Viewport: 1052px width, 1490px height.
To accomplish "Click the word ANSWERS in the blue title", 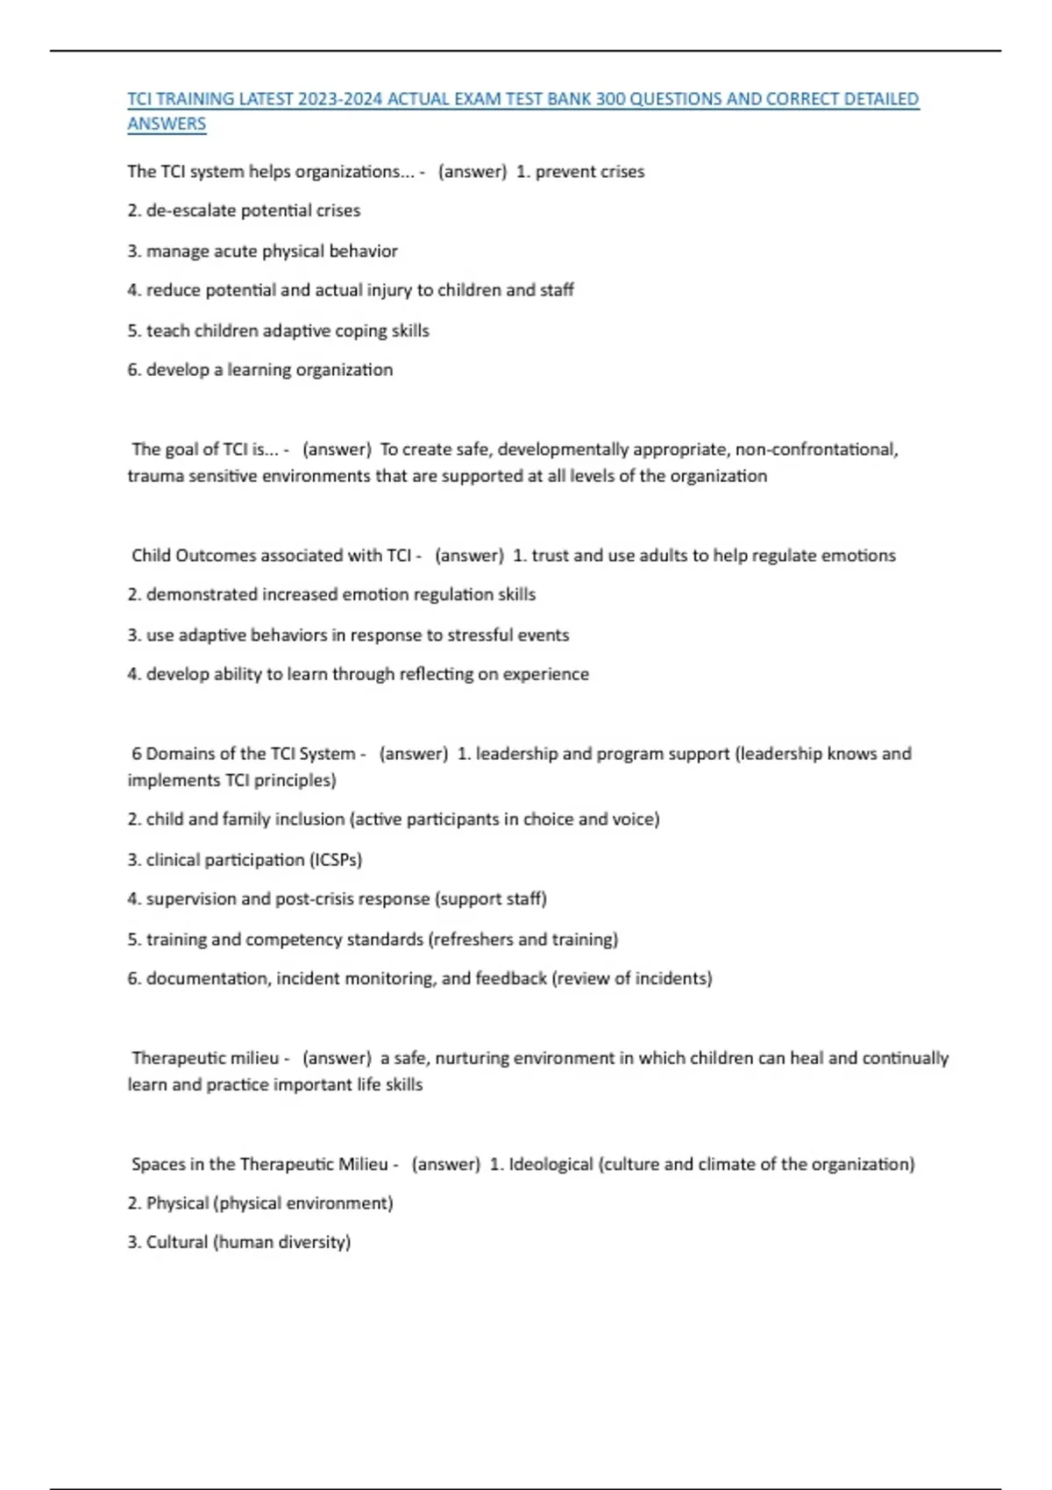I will (167, 124).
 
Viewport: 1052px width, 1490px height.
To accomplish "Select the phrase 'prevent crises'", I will (589, 172).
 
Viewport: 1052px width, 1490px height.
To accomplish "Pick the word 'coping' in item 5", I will (357, 330).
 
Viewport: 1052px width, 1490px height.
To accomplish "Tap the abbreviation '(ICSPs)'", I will (336, 860).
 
